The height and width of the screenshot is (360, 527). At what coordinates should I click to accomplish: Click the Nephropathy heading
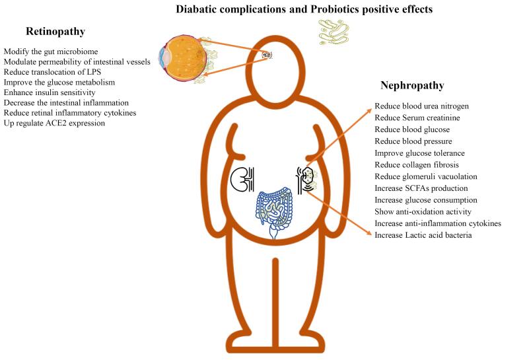[412, 85]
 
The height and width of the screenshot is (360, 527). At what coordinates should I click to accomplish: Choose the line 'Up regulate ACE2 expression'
[54, 123]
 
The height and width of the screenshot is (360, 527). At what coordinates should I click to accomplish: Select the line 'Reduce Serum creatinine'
[416, 118]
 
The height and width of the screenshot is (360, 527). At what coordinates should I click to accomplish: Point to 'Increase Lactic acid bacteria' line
[423, 234]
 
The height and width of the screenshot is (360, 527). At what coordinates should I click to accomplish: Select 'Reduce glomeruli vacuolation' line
[426, 176]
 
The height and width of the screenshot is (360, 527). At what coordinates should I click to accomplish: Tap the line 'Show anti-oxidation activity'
[423, 211]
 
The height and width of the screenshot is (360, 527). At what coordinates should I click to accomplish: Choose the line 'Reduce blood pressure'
[413, 141]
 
